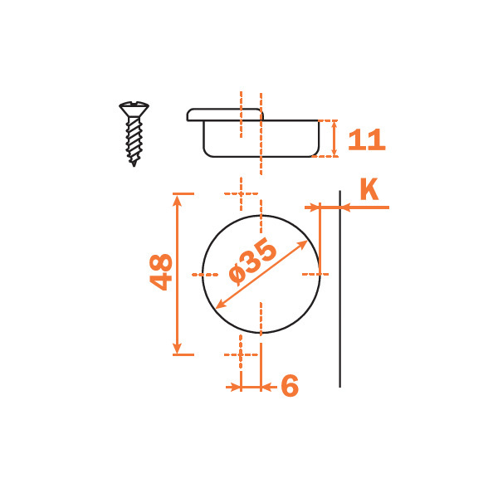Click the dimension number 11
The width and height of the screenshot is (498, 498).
367,139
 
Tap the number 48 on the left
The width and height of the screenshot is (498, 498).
161,272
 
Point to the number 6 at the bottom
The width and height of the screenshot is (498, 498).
290,386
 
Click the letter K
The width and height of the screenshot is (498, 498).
369,189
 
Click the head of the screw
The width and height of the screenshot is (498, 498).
134,109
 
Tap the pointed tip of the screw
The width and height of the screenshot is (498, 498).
134,164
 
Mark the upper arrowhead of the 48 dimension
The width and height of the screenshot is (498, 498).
178,200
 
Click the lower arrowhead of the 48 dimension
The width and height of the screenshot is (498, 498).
178,348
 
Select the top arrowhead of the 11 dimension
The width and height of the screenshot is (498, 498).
334,125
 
